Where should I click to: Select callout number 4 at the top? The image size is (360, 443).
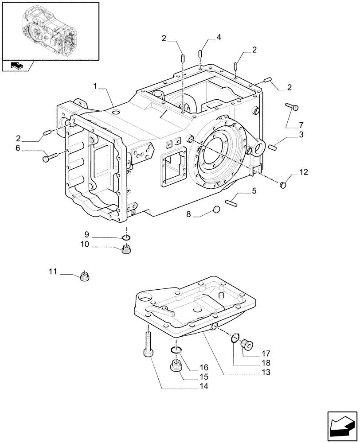[218, 39]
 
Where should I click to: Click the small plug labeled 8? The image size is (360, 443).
[217, 209]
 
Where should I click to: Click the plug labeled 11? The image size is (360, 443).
[85, 277]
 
